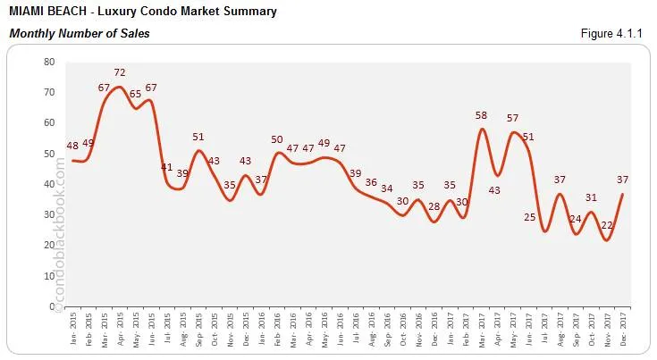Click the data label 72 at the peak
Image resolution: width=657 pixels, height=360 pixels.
click(119, 72)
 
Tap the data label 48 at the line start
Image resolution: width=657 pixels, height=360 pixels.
click(72, 146)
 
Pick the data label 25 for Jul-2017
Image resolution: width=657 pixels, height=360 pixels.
click(530, 217)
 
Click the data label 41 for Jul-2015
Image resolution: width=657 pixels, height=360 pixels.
click(166, 167)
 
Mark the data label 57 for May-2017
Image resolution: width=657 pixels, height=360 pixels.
click(513, 119)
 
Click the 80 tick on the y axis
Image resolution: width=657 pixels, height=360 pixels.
click(49, 62)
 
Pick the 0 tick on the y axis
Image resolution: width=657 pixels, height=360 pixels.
click(52, 307)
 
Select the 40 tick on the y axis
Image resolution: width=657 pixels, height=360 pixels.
click(49, 184)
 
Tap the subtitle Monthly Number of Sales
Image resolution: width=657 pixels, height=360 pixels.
click(80, 34)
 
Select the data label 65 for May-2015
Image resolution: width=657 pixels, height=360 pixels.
click(135, 94)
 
